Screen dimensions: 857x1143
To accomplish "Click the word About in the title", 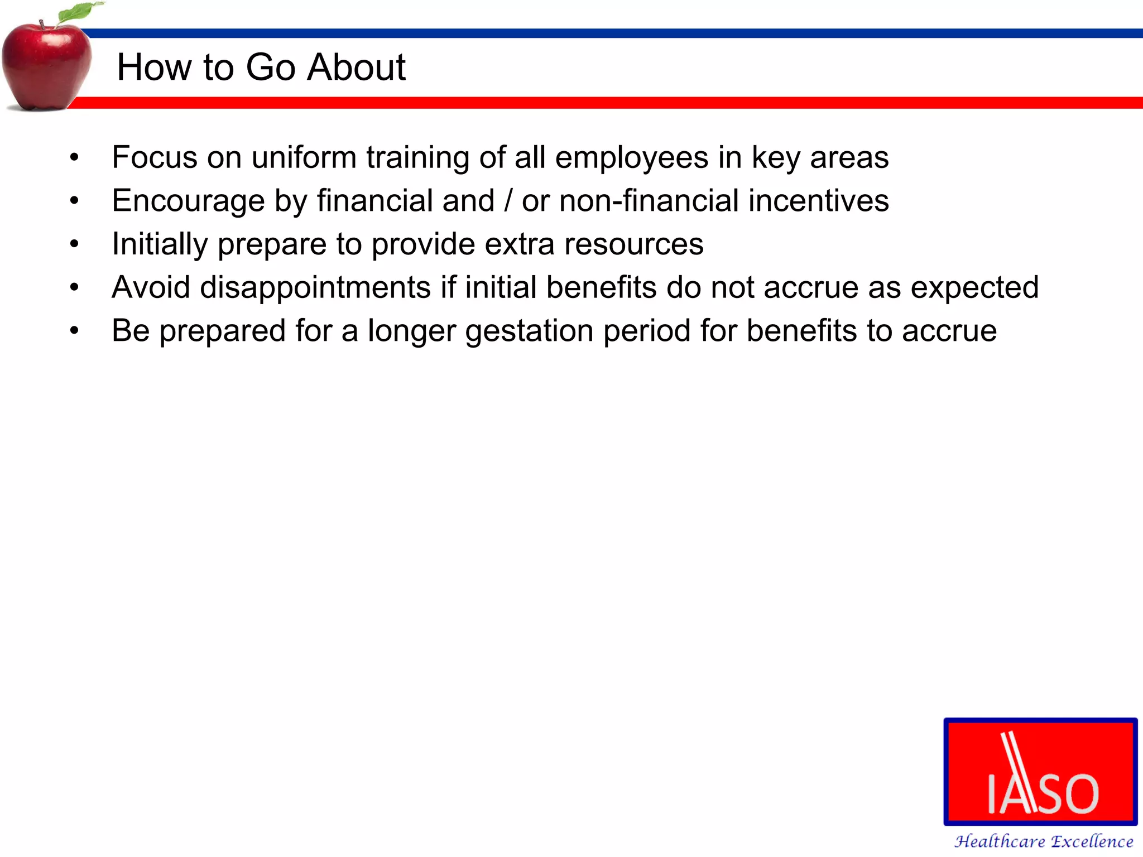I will tap(357, 68).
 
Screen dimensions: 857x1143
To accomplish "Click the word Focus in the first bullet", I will tap(155, 157).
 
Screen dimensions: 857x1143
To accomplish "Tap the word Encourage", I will tap(188, 201).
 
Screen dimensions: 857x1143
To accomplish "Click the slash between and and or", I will tap(508, 201).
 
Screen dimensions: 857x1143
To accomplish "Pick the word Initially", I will tap(160, 244).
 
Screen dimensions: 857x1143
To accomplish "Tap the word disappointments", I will tap(315, 288).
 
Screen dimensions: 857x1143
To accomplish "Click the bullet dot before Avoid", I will tap(74, 287).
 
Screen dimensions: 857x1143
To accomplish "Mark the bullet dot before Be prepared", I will tap(74, 331).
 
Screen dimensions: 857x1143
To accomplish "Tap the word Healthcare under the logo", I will tap(999, 841).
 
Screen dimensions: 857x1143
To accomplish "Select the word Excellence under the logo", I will tap(1092, 841).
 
